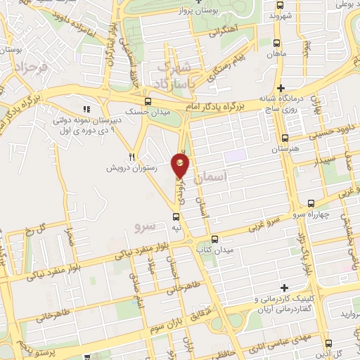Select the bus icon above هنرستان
pos(284,139)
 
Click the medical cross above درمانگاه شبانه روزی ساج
pos(281,88)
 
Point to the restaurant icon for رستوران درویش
pos(131,157)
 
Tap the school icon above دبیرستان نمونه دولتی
pos(86,109)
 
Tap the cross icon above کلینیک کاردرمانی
pos(284,288)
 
